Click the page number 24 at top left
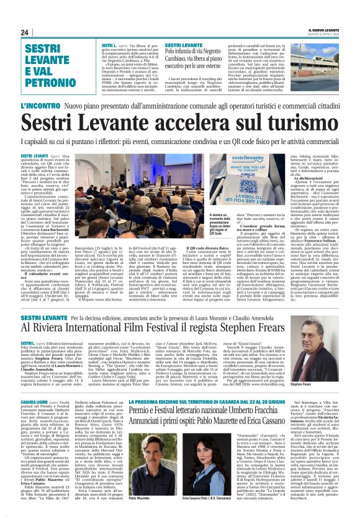tap(24, 32)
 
